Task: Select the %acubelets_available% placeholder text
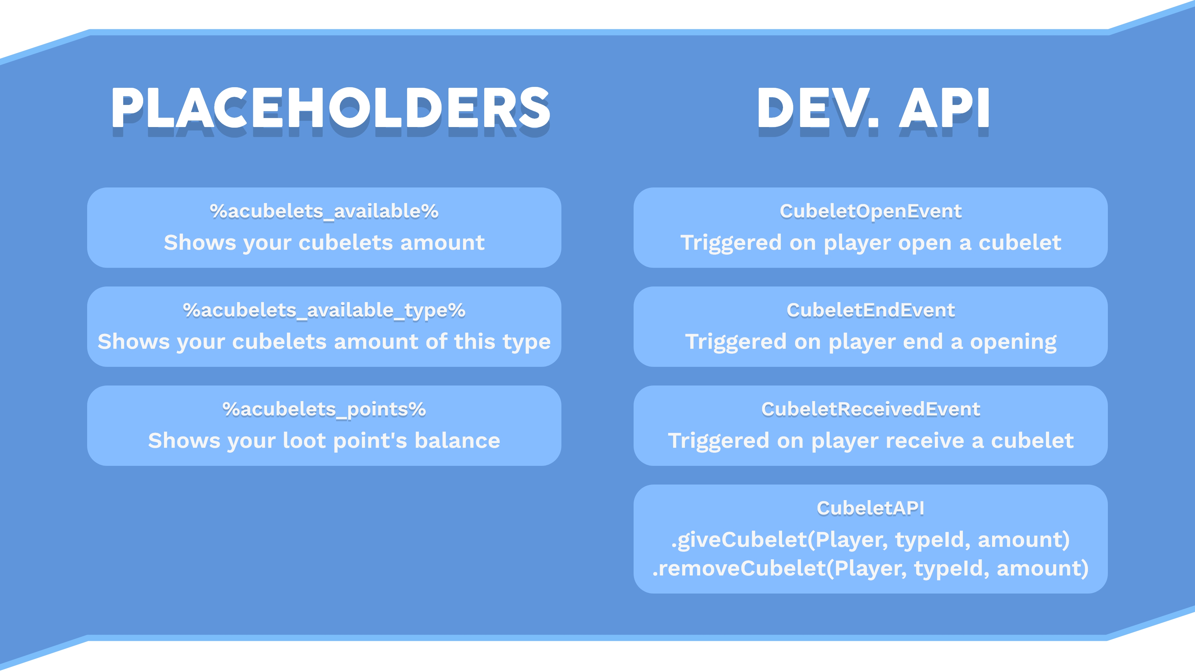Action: [324, 211]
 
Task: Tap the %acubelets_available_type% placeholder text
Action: [324, 310]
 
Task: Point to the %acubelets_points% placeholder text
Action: [324, 409]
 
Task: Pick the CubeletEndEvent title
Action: [870, 310]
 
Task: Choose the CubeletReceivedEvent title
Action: [870, 409]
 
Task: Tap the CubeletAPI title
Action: [870, 508]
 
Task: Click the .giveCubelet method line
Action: [870, 540]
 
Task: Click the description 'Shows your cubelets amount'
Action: [324, 243]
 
